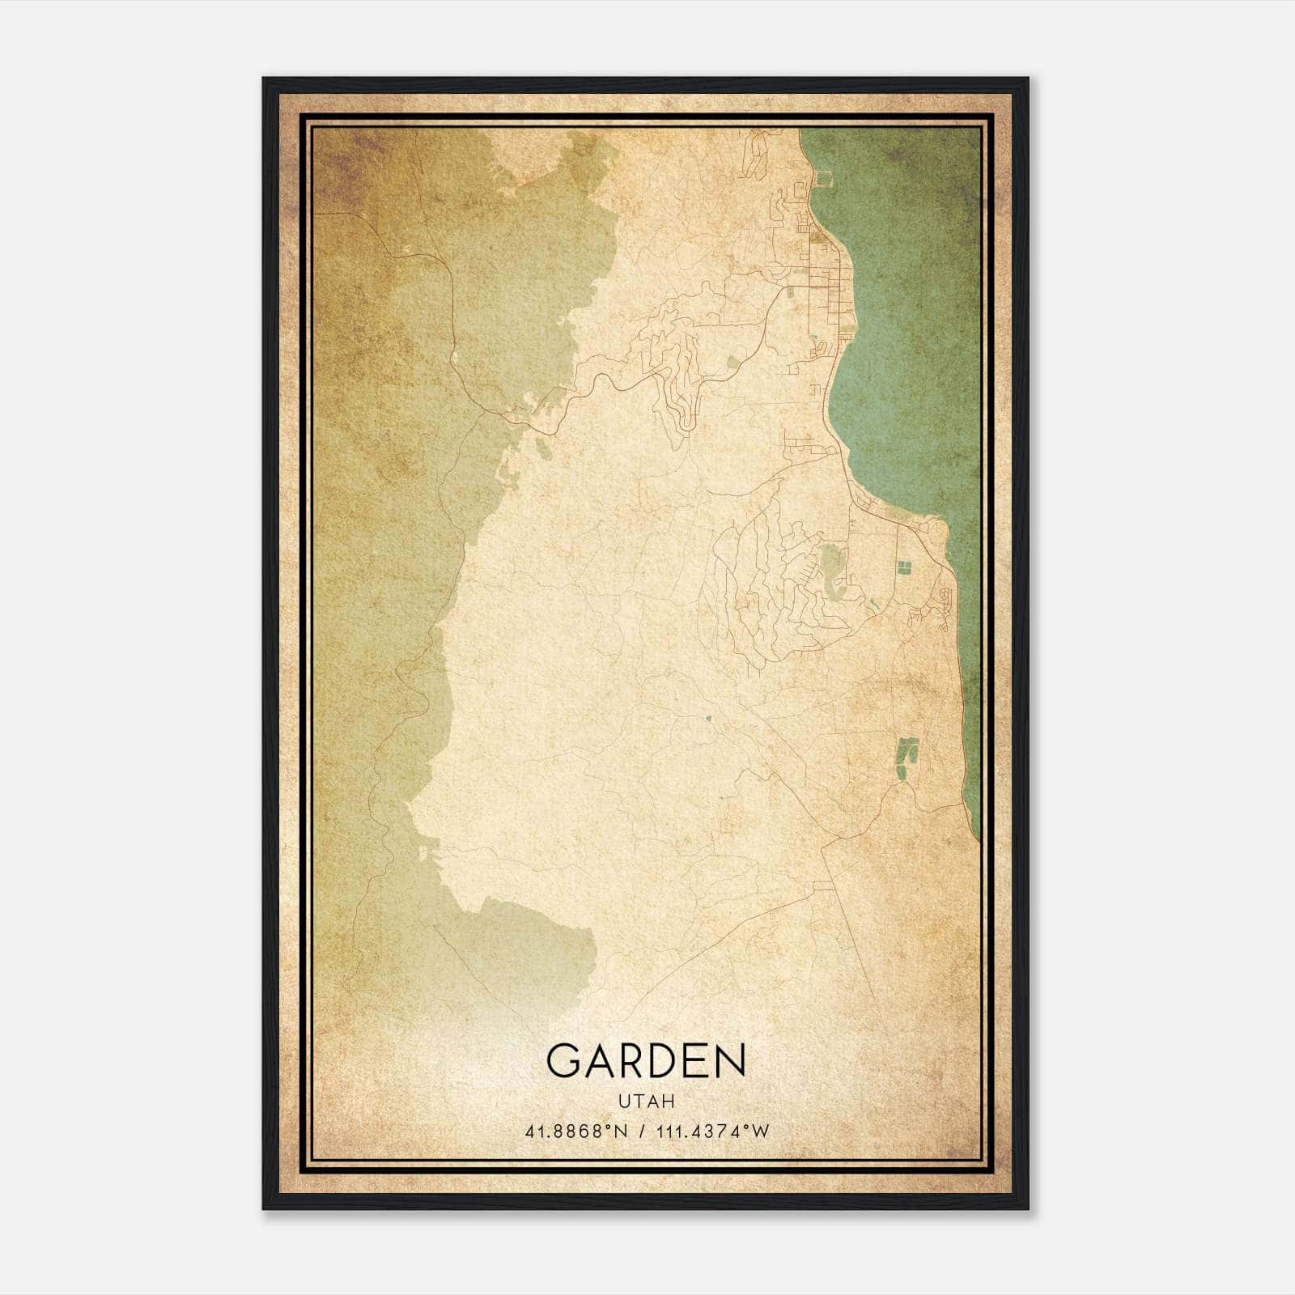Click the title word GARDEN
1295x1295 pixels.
pos(646,1060)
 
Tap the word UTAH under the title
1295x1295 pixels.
pos(646,1102)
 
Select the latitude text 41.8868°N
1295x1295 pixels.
pos(576,1132)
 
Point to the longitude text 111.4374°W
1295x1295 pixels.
pos(712,1132)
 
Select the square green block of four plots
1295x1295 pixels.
pos(903,568)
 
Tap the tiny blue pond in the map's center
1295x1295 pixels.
pos(709,717)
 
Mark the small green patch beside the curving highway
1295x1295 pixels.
pos(733,362)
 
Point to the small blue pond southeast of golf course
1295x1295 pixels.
pos(874,603)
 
